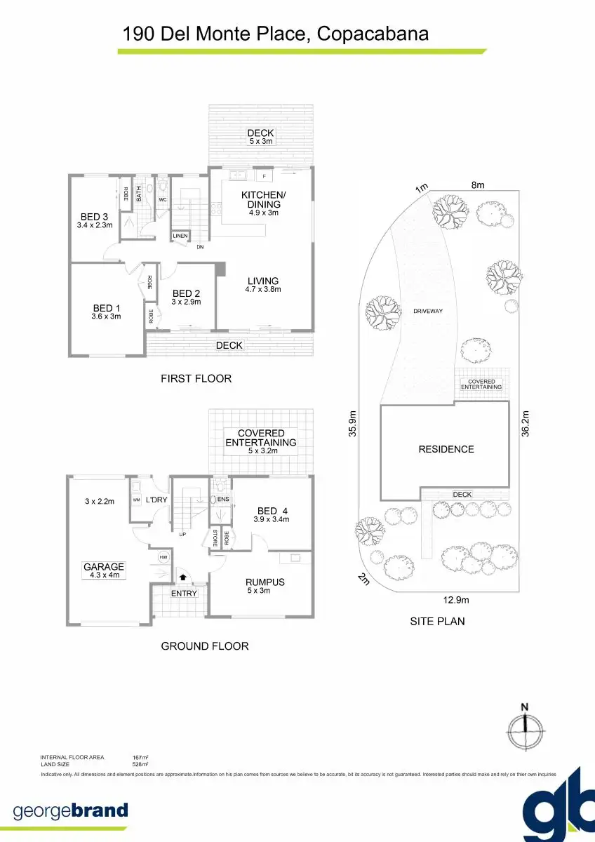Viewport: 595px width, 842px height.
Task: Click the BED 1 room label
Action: (x=107, y=308)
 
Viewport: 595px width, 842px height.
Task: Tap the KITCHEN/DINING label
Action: (x=263, y=199)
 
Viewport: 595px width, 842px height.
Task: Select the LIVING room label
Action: (x=262, y=281)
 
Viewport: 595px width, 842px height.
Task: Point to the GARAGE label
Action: (x=104, y=567)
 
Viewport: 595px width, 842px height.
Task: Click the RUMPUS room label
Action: (x=265, y=582)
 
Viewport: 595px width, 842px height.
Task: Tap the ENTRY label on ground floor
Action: (x=185, y=594)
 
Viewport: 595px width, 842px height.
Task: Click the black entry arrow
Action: (x=183, y=577)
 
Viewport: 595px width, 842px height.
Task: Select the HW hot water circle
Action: (x=163, y=557)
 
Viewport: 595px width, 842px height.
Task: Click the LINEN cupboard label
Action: (x=180, y=236)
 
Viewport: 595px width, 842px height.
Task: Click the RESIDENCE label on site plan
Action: (x=446, y=449)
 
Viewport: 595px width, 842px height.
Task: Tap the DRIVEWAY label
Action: (x=427, y=310)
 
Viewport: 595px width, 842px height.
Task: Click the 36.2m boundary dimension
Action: (x=526, y=424)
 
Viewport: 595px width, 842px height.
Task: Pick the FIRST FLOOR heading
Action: (x=196, y=378)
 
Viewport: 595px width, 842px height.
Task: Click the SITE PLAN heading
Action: (x=437, y=621)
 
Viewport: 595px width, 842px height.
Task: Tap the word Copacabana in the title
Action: (x=373, y=33)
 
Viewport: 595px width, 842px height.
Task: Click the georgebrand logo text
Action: (x=70, y=810)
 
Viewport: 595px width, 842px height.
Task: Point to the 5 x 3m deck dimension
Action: (x=260, y=142)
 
